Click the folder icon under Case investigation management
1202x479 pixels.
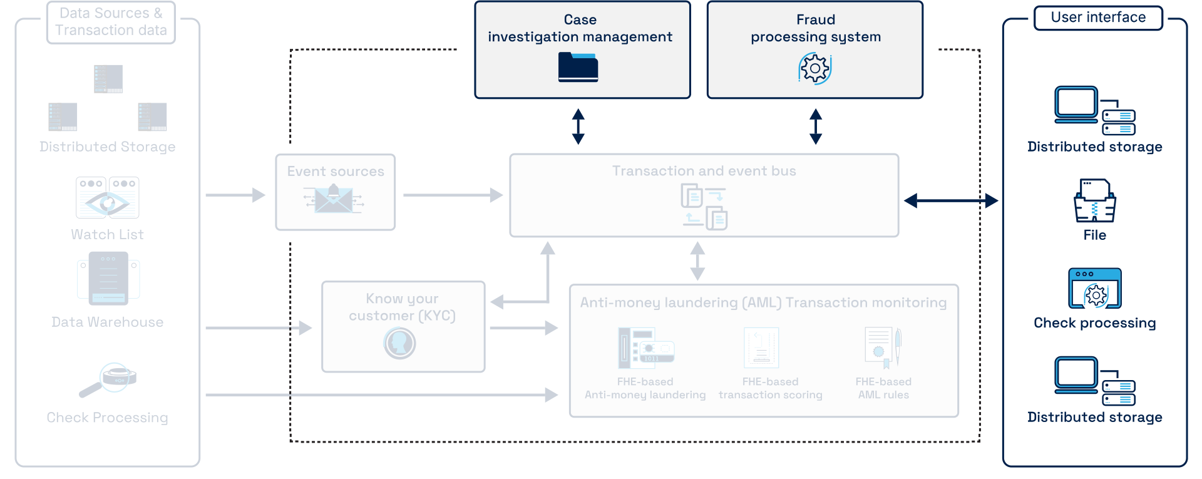[578, 67]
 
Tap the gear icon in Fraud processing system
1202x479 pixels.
[814, 68]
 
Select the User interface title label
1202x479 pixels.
[1098, 18]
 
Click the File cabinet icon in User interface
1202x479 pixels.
[1094, 200]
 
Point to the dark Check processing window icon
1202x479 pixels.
[1094, 289]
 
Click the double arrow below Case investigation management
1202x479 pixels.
[578, 126]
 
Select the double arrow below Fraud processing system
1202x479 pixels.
[815, 126]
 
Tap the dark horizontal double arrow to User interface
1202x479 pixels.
[951, 200]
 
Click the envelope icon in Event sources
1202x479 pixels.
[334, 199]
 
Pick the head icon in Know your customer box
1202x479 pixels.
[399, 343]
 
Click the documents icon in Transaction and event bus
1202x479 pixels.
[704, 207]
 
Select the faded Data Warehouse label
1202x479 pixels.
[108, 322]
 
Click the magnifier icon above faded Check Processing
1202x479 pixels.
[108, 379]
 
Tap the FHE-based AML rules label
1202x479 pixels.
[883, 388]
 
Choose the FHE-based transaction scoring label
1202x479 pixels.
[770, 388]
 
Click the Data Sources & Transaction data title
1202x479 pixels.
[111, 22]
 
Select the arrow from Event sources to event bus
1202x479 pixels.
[453, 195]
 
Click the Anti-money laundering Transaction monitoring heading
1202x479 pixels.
[763, 302]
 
